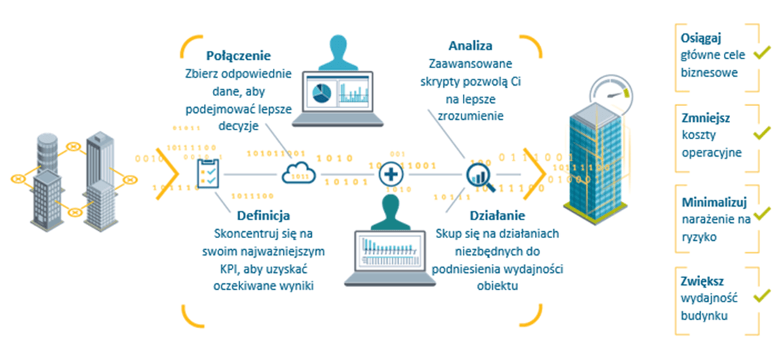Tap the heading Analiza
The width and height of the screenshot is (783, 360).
tap(470, 46)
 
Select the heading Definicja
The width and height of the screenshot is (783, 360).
tap(264, 216)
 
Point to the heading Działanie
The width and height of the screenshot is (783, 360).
tap(498, 216)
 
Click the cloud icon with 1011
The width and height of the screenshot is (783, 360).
tap(299, 173)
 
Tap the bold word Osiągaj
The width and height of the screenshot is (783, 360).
tap(695, 38)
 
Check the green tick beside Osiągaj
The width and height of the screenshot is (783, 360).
tap(761, 52)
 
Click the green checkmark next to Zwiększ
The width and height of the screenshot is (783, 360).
tap(761, 295)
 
